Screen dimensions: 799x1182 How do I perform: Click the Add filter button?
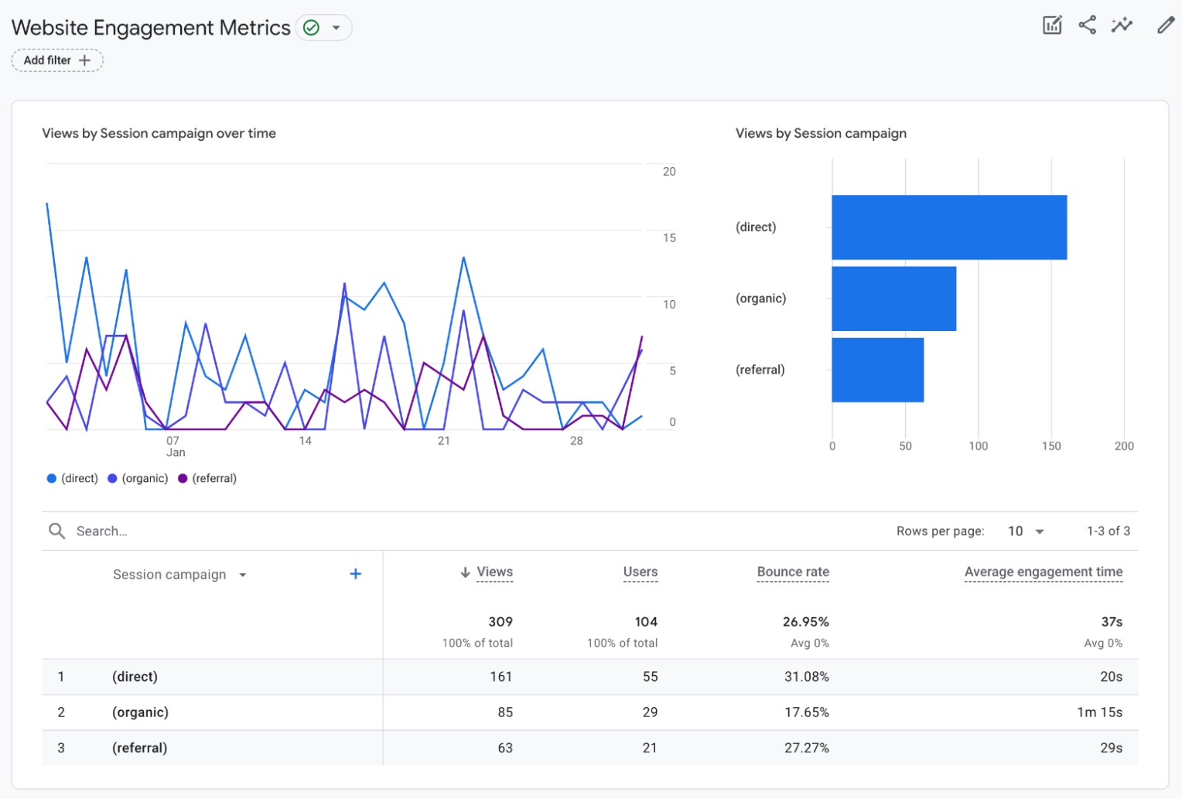pos(56,60)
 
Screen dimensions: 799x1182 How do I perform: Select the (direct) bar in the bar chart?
pos(948,227)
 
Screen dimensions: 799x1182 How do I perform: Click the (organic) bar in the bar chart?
pos(893,299)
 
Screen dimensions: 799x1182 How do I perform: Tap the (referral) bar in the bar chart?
pos(877,370)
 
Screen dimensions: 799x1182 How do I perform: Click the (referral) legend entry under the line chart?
pos(207,478)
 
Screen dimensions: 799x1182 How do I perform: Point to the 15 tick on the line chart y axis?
pos(669,237)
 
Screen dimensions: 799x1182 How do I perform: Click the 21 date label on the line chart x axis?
pos(443,441)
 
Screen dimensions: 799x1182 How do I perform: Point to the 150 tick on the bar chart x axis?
pos(1050,446)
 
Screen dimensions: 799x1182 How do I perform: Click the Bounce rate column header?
pos(792,572)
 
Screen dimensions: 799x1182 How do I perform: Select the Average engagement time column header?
pos(1043,572)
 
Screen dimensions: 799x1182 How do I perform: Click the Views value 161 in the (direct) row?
pos(500,677)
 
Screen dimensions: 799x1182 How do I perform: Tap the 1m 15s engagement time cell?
pos(1098,712)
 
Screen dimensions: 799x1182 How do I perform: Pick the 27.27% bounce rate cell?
pos(806,748)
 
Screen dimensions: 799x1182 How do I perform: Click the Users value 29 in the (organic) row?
pos(650,712)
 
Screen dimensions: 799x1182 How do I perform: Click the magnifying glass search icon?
pos(56,531)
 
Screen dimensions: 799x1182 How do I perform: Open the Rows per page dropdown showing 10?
pos(1026,531)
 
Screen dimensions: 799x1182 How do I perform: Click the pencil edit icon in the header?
pos(1165,26)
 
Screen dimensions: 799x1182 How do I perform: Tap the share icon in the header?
pos(1087,26)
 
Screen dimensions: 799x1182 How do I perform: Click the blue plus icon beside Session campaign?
pos(355,574)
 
